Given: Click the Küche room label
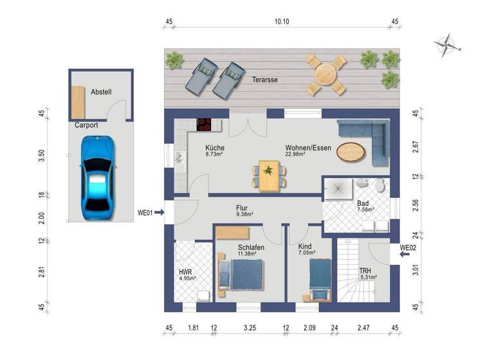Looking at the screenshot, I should (215, 148).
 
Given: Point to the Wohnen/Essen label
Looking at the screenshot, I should (308, 148).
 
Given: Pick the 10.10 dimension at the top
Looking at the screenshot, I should (282, 21).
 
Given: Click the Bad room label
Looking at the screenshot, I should (363, 204).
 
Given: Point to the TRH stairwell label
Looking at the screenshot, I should (365, 271).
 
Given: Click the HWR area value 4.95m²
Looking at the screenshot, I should (187, 278).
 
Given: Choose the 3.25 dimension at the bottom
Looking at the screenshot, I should (250, 328).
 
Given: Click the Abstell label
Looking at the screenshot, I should (101, 92).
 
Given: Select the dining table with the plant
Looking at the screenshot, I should (269, 175).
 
